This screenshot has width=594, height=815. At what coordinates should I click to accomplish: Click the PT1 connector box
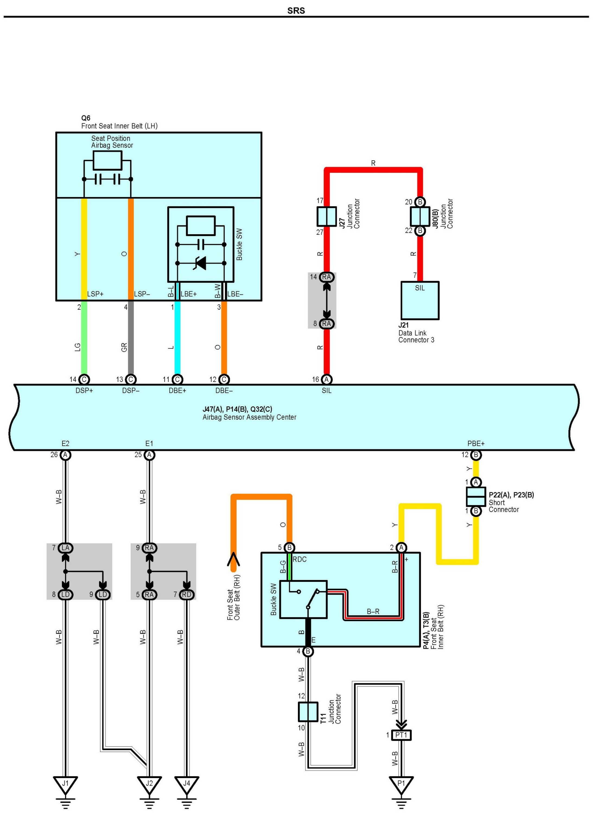401,735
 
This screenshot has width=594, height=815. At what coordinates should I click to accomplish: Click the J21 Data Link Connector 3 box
420,300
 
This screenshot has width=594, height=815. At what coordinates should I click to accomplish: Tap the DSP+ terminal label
84,391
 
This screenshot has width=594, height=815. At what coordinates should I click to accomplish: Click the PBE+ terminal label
476,444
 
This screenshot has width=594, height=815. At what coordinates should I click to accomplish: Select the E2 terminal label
65,444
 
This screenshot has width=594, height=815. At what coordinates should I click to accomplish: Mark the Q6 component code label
85,118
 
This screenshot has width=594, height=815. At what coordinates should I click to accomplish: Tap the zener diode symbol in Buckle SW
200,263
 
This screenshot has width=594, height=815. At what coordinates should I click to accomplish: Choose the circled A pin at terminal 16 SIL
326,380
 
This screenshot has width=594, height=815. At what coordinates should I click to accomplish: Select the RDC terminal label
300,559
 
